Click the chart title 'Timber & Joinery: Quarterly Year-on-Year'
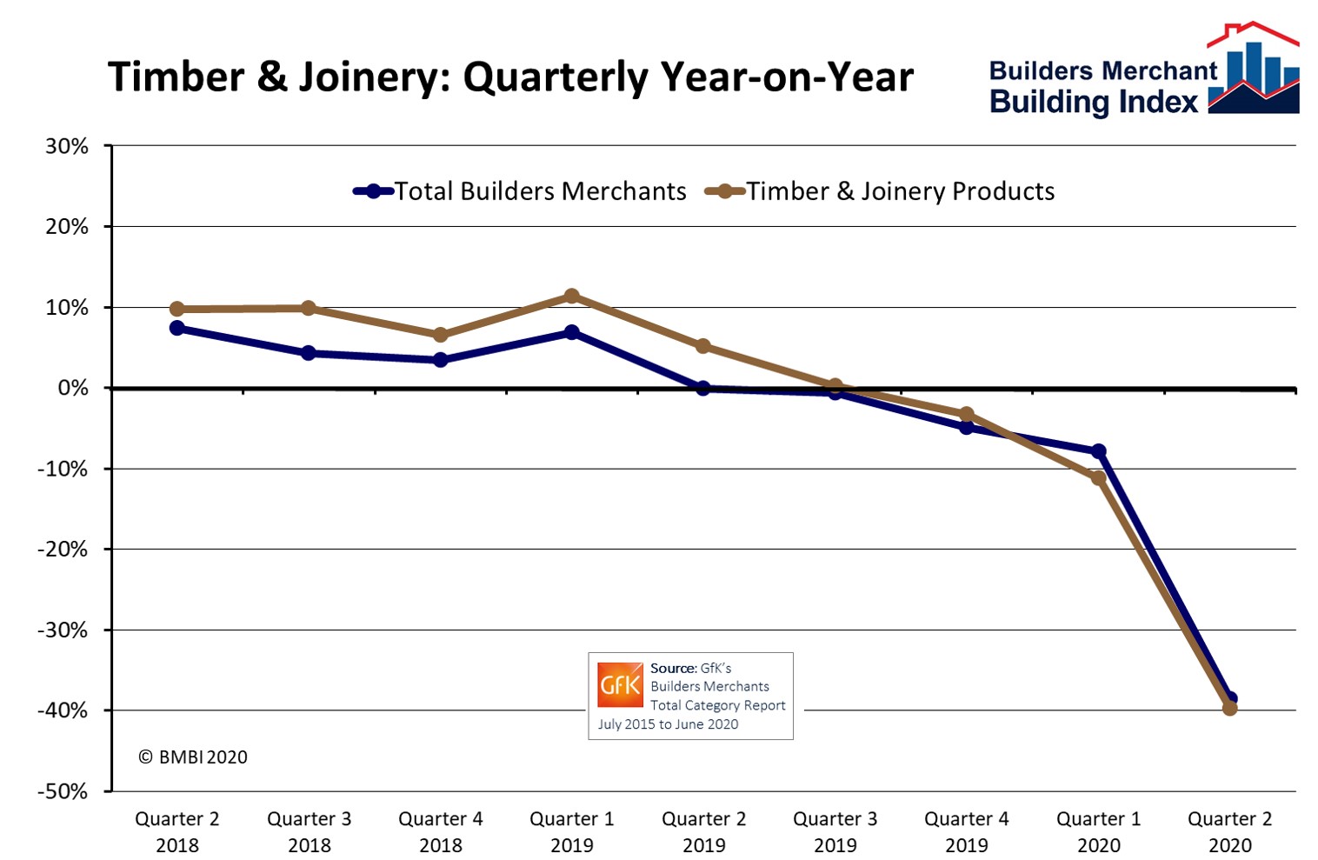tap(510, 77)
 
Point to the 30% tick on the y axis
tap(67, 146)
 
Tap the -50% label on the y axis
tap(63, 791)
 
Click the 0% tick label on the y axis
tap(73, 388)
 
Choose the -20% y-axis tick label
tap(63, 550)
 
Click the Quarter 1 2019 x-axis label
tap(572, 831)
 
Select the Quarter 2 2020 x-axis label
tap(1229, 831)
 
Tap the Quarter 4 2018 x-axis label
tap(440, 831)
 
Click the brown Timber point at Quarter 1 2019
tap(572, 297)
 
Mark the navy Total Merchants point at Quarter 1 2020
tap(1098, 450)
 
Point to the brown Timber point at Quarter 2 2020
tap(1229, 708)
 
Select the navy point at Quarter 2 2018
tap(177, 328)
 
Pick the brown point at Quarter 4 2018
tap(440, 335)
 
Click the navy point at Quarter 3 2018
tap(309, 353)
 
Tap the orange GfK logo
tap(620, 685)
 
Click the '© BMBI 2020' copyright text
tap(193, 757)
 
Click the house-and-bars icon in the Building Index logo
tap(1254, 70)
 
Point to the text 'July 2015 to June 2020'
tap(668, 724)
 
